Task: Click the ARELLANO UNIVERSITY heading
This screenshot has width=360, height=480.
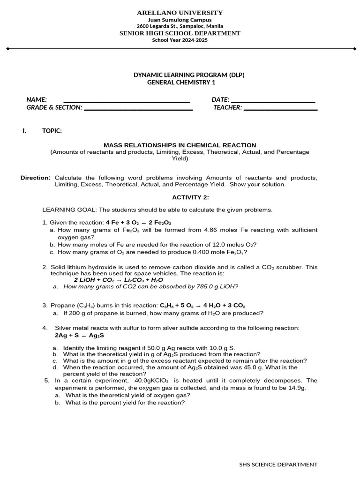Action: pos(180,13)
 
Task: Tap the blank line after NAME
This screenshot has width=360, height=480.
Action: pos(127,100)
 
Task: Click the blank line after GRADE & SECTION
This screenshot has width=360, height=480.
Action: pos(138,108)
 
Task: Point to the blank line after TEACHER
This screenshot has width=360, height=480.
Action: pos(280,108)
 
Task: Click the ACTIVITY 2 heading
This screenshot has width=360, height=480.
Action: pos(187,197)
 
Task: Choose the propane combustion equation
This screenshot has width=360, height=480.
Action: pos(202,305)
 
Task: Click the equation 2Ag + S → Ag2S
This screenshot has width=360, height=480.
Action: pos(80,336)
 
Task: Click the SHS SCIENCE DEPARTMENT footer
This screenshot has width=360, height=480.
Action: pos(278,465)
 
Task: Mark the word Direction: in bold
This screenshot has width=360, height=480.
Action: pos(36,178)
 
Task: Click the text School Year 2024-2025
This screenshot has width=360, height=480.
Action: pos(180,40)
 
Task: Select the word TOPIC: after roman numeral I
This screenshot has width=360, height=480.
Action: pos(52,131)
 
